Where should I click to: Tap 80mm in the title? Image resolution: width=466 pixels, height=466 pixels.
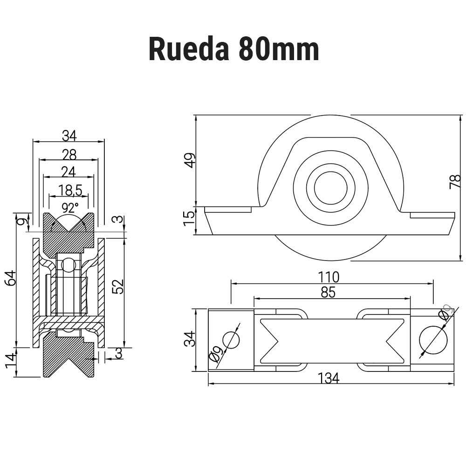click(279, 49)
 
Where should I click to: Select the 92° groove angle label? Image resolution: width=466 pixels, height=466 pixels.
click(70, 206)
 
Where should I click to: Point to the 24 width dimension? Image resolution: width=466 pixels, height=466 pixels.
click(69, 172)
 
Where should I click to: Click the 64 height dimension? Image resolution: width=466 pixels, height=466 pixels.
click(10, 278)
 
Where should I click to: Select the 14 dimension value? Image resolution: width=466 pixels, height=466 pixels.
click(10, 361)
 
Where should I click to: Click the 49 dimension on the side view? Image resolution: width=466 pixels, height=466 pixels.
click(190, 160)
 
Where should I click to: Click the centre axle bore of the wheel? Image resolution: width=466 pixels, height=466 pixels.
click(330, 187)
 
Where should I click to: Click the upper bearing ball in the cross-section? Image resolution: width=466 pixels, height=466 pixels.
click(69, 265)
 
